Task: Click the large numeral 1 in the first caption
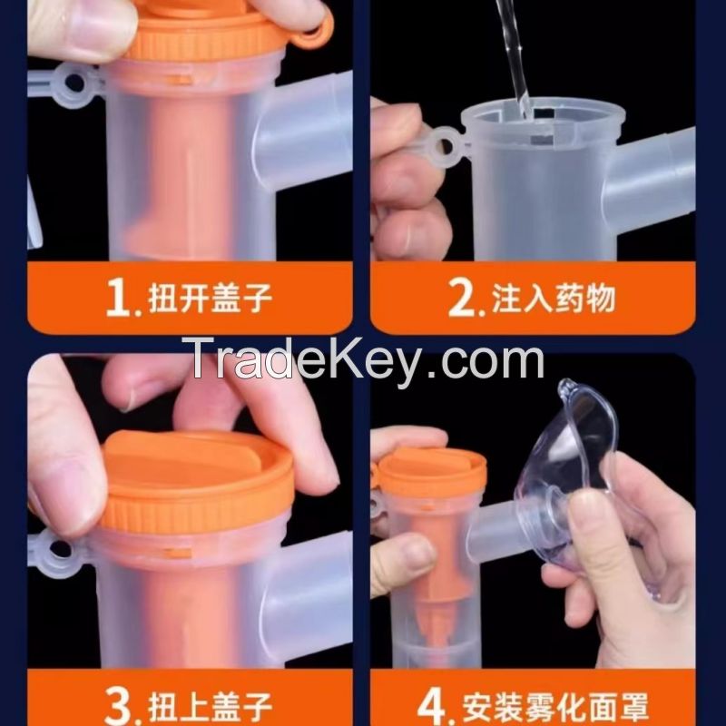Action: [x=117, y=298]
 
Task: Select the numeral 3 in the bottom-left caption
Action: [x=118, y=705]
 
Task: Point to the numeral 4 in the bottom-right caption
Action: [x=431, y=706]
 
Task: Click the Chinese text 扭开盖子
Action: [x=210, y=299]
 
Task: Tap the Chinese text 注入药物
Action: [x=554, y=299]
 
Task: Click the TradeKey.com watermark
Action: [x=362, y=359]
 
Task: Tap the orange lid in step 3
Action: [x=198, y=481]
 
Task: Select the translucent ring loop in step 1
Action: [x=75, y=83]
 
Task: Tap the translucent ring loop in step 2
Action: [x=444, y=147]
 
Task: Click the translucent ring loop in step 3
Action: [x=59, y=551]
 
